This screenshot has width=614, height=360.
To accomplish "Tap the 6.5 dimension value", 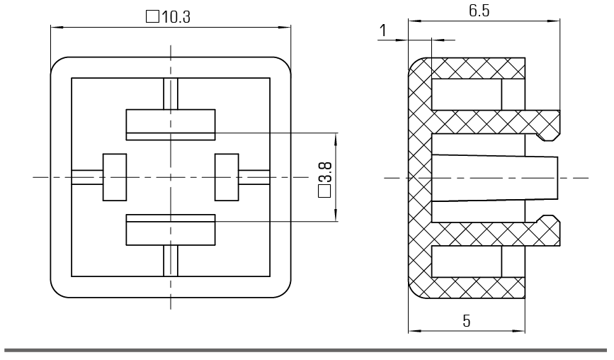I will [479, 11].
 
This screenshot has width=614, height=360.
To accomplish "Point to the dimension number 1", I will [383, 30].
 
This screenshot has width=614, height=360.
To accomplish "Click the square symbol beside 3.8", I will [326, 191].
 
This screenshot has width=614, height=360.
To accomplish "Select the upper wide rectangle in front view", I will [170, 124].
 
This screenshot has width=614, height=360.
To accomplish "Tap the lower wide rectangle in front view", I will [170, 230].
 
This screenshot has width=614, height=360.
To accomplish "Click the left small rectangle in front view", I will [113, 177].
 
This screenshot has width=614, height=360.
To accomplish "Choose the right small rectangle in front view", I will [227, 177].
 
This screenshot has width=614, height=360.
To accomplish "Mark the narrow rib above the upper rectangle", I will [170, 94].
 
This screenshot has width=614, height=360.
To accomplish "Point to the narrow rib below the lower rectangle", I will [170, 260].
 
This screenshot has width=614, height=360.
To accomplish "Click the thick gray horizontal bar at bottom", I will [307, 349].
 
